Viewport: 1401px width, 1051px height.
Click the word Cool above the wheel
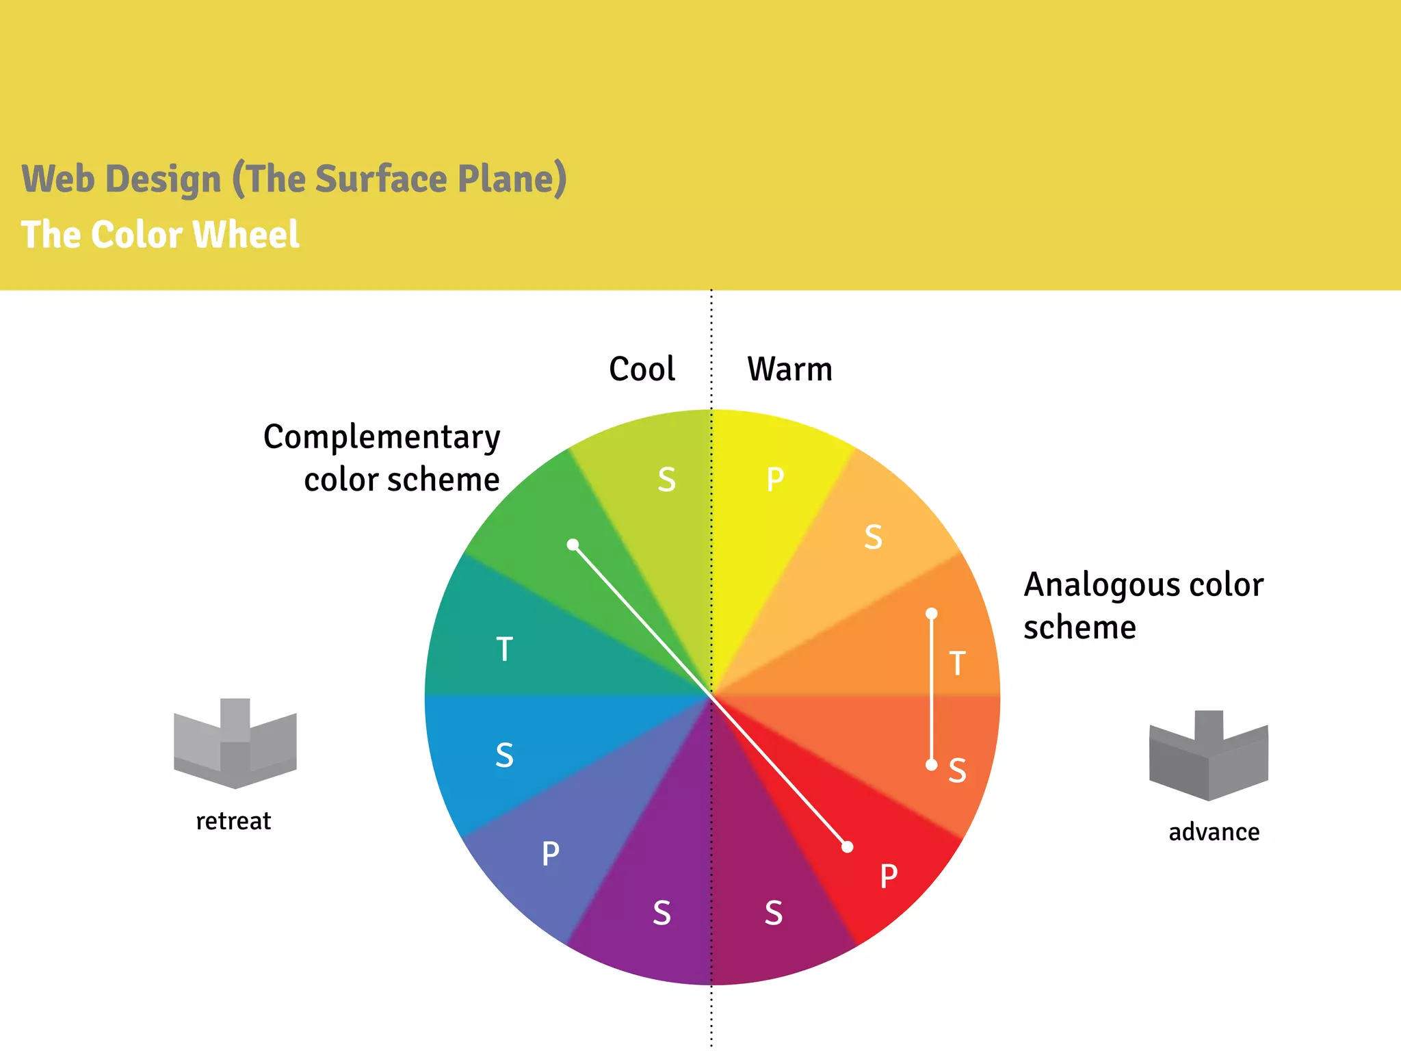coord(642,369)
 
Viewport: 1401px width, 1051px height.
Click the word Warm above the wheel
coord(789,369)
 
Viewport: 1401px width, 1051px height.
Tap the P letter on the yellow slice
coord(774,480)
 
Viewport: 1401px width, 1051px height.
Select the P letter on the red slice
coord(889,876)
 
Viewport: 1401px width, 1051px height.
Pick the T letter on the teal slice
coord(504,649)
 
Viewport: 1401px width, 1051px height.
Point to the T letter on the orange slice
coord(957,664)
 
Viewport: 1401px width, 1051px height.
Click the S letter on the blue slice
coord(504,755)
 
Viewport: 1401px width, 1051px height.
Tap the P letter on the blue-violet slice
coord(550,854)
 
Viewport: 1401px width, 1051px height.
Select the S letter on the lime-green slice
coord(666,480)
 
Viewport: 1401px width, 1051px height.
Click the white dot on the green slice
coord(573,545)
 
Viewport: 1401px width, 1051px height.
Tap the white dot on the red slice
coord(848,847)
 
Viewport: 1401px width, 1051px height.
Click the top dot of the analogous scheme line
coord(932,614)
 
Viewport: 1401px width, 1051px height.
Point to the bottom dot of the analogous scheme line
coord(932,764)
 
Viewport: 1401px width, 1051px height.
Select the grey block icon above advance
coord(1208,755)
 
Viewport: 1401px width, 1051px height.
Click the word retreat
coord(233,821)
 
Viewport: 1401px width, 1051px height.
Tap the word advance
coord(1214,832)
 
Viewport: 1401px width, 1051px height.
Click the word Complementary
coord(382,438)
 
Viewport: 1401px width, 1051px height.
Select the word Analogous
coord(1101,586)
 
